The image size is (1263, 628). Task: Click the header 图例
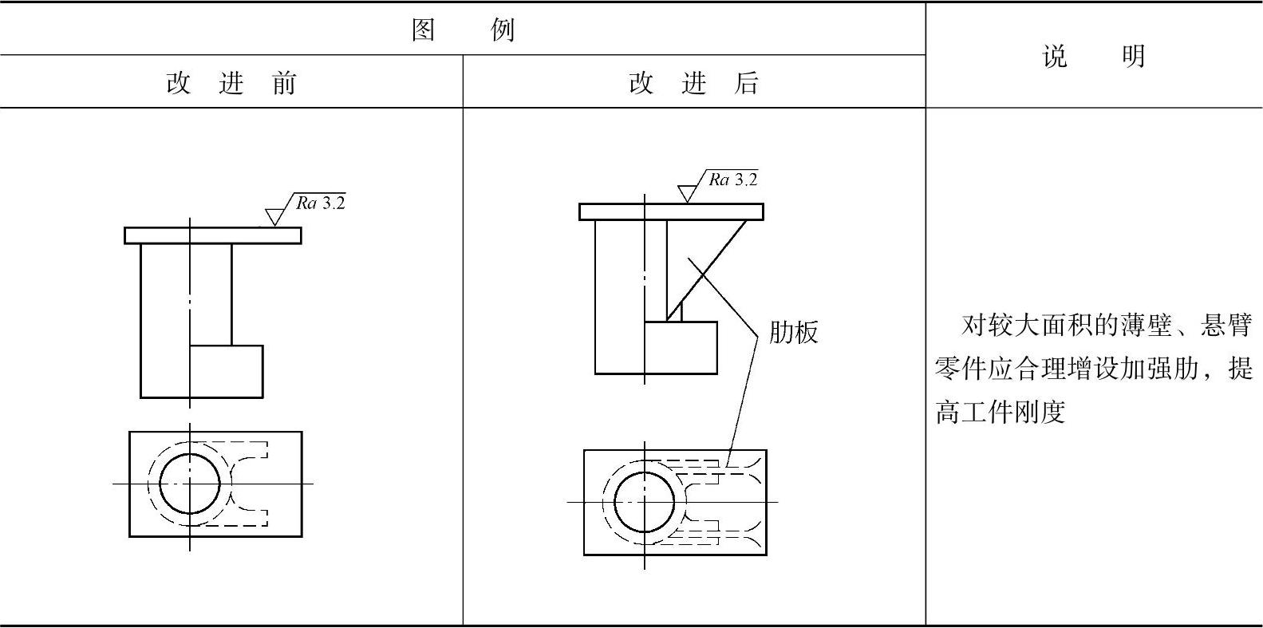coord(463,30)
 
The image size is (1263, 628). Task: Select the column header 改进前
coord(231,83)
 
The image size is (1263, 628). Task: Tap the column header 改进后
coord(694,83)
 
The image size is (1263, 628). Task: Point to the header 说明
coord(1094,56)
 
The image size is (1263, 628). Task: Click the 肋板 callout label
coord(794,332)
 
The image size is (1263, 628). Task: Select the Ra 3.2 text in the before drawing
coord(321,203)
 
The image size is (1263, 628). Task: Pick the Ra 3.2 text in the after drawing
coord(733,180)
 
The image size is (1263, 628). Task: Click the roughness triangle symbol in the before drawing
coord(275,216)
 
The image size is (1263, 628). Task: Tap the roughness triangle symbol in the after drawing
coord(687,193)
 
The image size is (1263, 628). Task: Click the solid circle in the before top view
coord(190,484)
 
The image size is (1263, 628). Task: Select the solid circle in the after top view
coord(645,502)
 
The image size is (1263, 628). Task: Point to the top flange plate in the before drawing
coord(213,235)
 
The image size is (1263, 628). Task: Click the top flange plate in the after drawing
coord(671,211)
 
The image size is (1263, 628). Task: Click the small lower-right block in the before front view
coord(227,371)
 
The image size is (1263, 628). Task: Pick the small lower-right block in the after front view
coord(681,347)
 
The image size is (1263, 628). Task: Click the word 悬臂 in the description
coord(1228,326)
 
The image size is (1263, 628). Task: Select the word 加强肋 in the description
coord(1163,369)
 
